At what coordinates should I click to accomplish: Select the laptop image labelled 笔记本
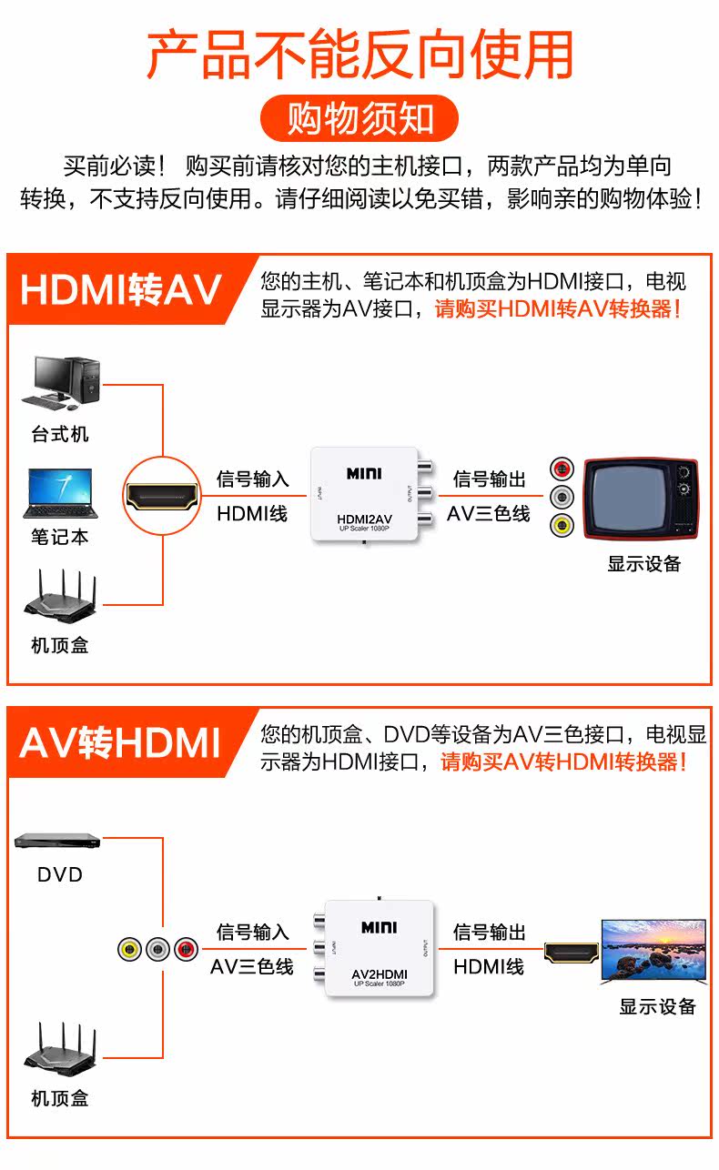click(60, 494)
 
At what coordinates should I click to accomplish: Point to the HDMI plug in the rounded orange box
click(162, 496)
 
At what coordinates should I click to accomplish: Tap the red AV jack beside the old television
click(562, 470)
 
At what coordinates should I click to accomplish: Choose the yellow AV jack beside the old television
click(562, 525)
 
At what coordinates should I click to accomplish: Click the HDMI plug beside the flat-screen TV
click(572, 953)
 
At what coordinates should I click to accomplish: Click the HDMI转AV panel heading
click(121, 290)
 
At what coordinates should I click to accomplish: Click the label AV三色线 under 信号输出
click(489, 513)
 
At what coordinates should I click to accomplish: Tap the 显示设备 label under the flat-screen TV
click(657, 1006)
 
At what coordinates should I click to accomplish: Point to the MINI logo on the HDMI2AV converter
click(364, 474)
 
